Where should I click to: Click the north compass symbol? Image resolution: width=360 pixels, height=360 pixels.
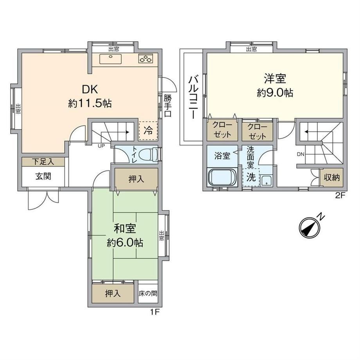[310, 227]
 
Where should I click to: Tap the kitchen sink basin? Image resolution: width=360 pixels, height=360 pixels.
[110, 59]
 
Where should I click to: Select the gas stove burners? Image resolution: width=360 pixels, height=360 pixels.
[146, 59]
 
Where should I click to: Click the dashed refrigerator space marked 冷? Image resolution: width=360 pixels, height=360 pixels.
[148, 131]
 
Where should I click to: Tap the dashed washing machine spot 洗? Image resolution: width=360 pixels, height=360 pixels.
[251, 177]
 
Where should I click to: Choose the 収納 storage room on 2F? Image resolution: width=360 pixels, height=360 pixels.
[332, 177]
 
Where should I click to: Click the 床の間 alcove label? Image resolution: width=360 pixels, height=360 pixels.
[148, 293]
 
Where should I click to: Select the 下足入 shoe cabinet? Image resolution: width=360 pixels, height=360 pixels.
[43, 162]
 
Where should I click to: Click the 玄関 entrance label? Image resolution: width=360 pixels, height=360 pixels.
[43, 176]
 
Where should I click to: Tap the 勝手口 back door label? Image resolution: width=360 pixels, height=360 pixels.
[167, 106]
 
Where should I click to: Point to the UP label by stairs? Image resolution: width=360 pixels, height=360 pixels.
[101, 146]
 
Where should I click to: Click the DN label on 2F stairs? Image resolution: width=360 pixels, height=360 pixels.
[301, 154]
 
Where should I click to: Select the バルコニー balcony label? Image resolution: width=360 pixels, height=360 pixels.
[193, 97]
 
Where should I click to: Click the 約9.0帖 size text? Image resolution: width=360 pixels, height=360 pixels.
[275, 93]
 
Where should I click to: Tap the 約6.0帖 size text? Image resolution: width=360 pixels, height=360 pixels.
[125, 243]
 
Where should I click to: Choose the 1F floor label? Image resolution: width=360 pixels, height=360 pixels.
[155, 312]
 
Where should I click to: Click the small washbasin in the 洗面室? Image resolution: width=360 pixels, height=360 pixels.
[266, 181]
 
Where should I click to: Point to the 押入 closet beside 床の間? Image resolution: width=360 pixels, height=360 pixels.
[113, 293]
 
